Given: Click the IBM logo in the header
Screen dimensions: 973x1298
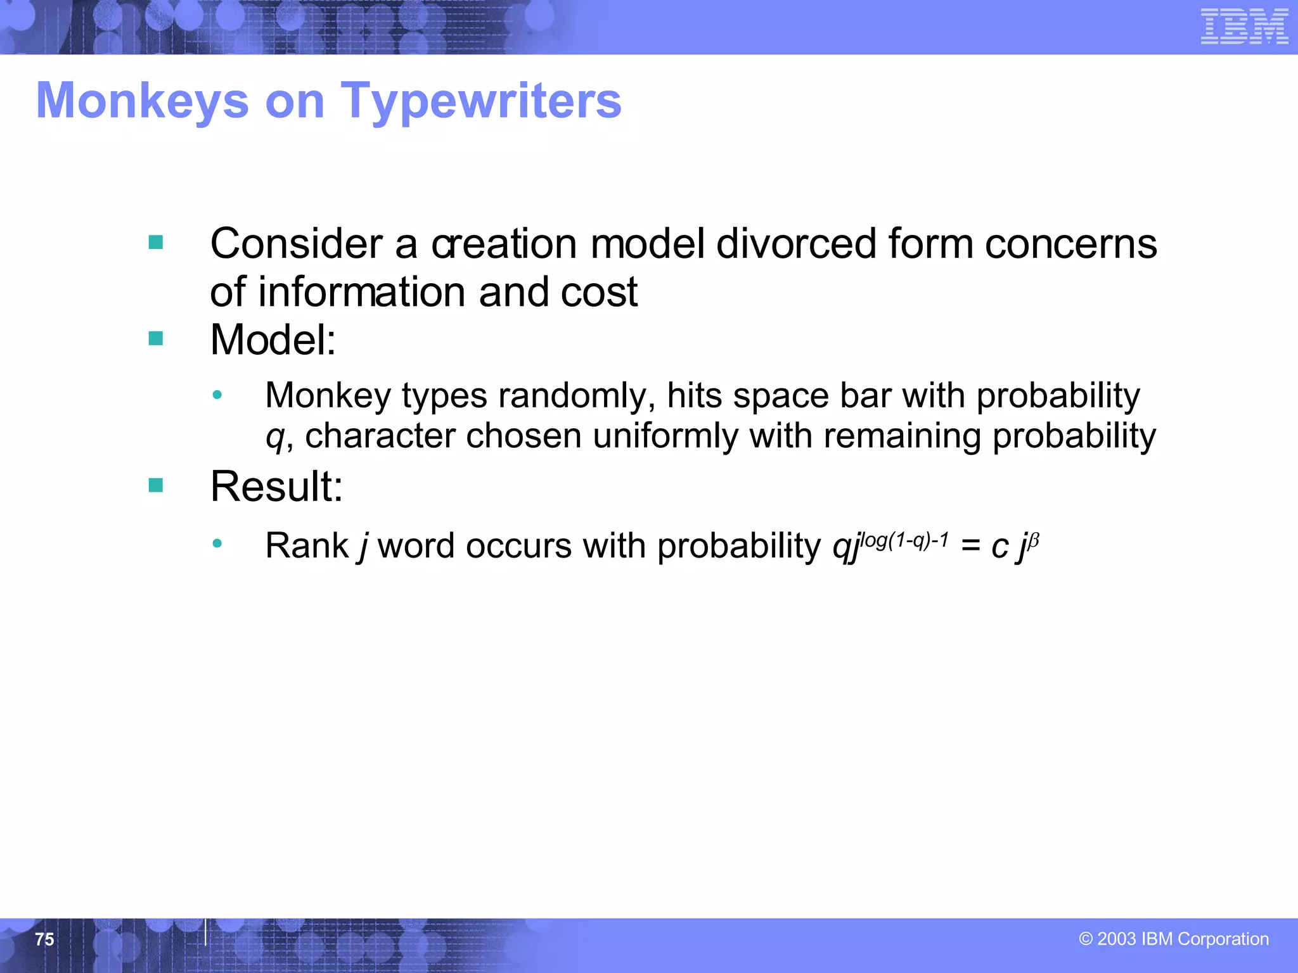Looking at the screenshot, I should click(x=1244, y=27).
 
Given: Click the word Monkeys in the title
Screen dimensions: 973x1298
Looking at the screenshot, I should click(x=143, y=101).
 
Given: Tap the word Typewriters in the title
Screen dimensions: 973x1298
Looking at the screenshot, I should click(x=481, y=101).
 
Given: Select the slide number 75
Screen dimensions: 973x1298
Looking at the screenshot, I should click(x=44, y=939).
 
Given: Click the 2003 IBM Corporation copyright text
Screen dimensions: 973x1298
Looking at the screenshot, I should click(x=1174, y=939).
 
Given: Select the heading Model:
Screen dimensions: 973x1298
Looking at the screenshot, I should click(x=273, y=340).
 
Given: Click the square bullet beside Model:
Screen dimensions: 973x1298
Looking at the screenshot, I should click(x=156, y=339).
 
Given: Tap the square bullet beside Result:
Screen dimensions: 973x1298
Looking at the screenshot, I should click(x=156, y=485).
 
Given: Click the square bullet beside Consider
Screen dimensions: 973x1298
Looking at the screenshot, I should click(x=156, y=243).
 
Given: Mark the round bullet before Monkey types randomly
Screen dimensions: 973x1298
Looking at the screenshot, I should click(x=217, y=395).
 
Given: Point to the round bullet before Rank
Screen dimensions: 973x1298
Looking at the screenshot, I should click(x=217, y=544).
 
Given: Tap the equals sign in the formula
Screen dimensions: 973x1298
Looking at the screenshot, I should click(x=970, y=545).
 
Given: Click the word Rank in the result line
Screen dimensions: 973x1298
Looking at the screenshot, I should click(x=307, y=545).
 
